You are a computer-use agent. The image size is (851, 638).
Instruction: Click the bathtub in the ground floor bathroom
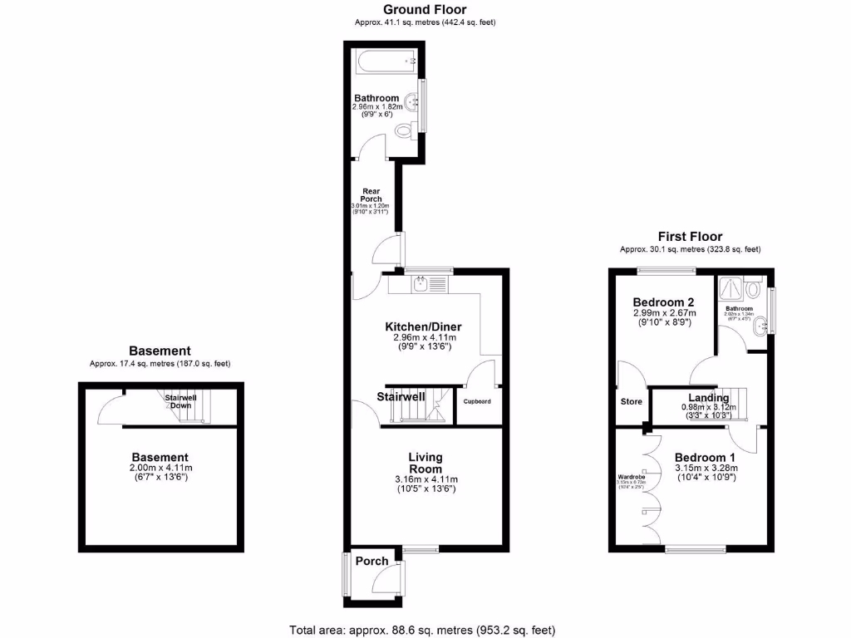point(384,60)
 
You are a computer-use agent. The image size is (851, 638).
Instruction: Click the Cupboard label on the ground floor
point(477,401)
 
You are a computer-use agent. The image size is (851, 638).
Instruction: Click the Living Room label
point(425,463)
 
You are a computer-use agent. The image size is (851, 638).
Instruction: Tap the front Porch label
point(371,561)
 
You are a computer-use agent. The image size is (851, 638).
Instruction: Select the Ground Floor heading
point(425,9)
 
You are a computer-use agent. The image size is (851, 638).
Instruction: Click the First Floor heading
point(690,237)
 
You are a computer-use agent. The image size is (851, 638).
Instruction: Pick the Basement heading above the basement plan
point(160,351)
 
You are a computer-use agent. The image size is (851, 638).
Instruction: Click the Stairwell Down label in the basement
point(180,402)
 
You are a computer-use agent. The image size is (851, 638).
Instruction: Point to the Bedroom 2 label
point(663,302)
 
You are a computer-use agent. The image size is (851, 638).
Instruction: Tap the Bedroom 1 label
point(705,457)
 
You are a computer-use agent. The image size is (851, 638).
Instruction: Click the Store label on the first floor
point(632,402)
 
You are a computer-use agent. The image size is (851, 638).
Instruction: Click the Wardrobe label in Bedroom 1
point(630,476)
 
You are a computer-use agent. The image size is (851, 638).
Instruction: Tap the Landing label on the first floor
point(709,398)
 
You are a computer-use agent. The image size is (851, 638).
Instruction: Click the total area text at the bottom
point(422,629)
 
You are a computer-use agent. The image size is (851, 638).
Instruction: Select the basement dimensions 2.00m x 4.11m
point(160,469)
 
